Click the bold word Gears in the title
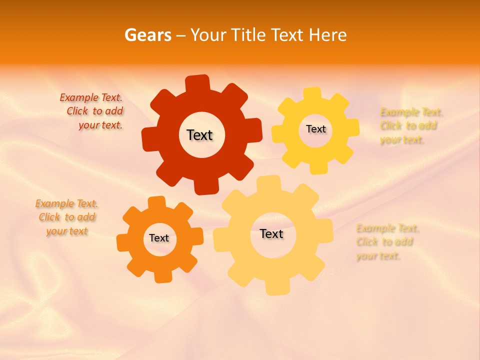[147, 35]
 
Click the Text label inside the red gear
[199, 135]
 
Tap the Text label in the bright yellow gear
[315, 129]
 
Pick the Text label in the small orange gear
[159, 238]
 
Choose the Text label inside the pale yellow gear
[271, 233]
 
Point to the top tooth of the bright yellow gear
[313, 94]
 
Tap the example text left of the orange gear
[67, 217]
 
